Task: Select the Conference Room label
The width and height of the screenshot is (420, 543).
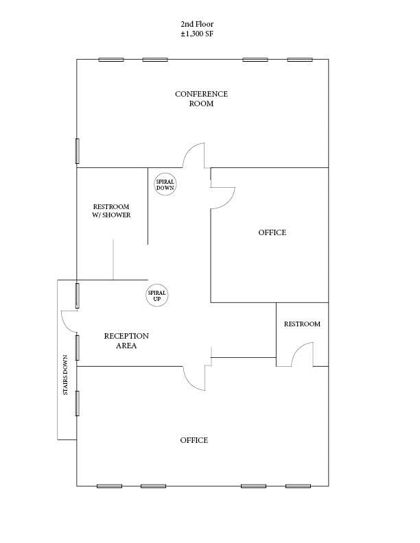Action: click(x=201, y=99)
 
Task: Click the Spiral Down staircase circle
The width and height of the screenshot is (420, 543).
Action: click(x=165, y=184)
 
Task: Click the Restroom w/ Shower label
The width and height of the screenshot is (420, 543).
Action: click(x=111, y=210)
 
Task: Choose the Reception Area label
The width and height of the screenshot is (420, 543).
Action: click(x=126, y=341)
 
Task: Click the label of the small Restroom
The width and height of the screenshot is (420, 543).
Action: click(x=302, y=324)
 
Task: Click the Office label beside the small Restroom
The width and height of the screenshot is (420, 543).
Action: click(x=272, y=232)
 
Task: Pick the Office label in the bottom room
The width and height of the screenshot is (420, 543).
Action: click(x=194, y=440)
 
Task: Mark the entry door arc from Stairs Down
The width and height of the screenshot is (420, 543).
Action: click(x=69, y=321)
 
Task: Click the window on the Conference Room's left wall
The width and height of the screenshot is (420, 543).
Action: click(x=78, y=151)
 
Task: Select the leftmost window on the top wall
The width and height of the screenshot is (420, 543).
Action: click(x=111, y=60)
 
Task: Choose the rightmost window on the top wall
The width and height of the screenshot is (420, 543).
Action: click(x=300, y=60)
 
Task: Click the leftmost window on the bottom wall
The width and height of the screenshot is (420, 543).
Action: click(x=109, y=486)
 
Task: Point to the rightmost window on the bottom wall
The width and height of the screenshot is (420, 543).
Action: click(x=299, y=486)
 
